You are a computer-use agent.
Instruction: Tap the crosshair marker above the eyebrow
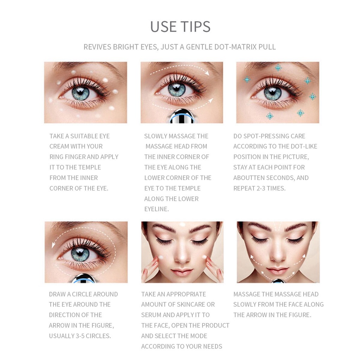tap(278, 68)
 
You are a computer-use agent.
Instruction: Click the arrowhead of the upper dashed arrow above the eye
tap(207, 73)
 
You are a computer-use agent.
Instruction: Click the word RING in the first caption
tap(57, 157)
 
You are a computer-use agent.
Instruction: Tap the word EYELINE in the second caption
tap(156, 209)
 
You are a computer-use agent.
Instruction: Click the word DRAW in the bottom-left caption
tap(57, 294)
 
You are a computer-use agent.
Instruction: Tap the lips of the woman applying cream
tap(182, 272)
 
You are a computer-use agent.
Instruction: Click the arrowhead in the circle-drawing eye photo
tap(53, 245)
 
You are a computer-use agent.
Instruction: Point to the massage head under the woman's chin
tap(277, 281)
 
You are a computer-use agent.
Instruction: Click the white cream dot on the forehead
tap(182, 225)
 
